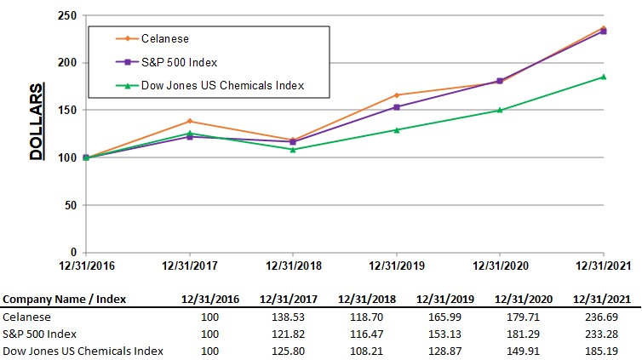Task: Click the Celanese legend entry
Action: click(x=165, y=38)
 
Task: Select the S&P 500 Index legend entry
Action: click(x=179, y=62)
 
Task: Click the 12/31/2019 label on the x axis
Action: click(x=396, y=266)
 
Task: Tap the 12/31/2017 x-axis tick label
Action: click(x=190, y=266)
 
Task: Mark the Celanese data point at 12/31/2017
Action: click(x=190, y=121)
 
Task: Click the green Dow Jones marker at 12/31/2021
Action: click(x=604, y=77)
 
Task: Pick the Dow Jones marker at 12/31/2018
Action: click(x=293, y=150)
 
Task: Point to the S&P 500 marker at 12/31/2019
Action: click(x=397, y=107)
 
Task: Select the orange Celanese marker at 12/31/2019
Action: click(x=397, y=95)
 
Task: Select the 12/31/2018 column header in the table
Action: click(x=367, y=299)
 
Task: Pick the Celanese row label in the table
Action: click(x=26, y=317)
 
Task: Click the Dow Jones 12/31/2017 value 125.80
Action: click(x=288, y=351)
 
